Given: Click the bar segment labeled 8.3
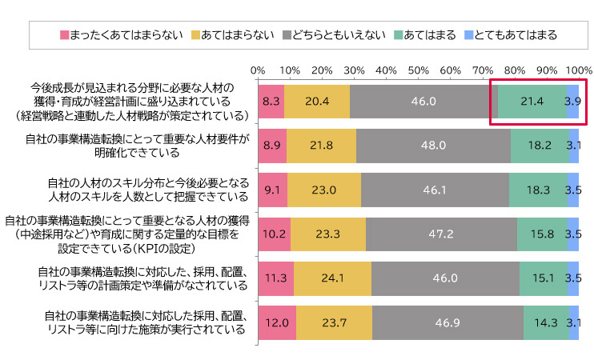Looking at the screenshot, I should [271, 102].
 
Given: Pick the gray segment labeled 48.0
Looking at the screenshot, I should [433, 146].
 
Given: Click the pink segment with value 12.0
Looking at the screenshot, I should [277, 322].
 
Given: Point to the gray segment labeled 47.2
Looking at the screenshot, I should [441, 234].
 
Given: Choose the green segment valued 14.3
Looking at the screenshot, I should [546, 322].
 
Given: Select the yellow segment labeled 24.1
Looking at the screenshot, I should [332, 278].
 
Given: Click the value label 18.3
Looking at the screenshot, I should [538, 190].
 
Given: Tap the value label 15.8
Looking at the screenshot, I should [542, 234].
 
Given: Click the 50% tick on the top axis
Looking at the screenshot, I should [418, 70].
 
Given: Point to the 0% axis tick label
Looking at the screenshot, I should [258, 70].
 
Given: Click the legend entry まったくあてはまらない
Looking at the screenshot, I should [121, 34].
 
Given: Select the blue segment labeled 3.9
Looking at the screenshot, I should [572, 102].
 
